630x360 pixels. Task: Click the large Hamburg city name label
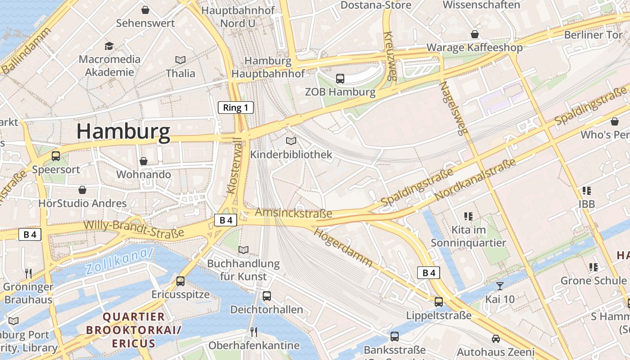123,131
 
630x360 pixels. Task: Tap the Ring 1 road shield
236,108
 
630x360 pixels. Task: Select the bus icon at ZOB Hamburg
340,79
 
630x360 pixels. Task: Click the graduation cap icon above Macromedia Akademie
109,46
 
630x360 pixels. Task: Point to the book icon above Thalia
180,60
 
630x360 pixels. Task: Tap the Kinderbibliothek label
291,154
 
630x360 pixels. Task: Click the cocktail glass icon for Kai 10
500,286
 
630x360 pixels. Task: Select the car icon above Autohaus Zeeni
496,338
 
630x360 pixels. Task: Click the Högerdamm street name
343,247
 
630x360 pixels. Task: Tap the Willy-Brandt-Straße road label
134,228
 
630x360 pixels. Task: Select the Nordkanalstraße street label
475,180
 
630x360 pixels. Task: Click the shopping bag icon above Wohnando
144,161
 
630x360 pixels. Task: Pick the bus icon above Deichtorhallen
267,296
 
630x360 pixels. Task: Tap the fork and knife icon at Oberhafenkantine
254,332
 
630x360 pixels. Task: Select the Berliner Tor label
593,35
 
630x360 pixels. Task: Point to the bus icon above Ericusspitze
180,281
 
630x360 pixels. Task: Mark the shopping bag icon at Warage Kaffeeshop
475,34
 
